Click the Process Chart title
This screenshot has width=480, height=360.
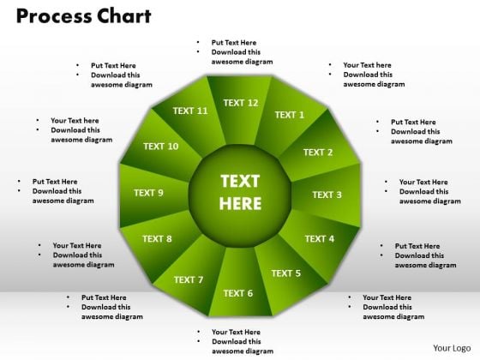(x=84, y=16)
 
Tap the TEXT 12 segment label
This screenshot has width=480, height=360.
(x=241, y=103)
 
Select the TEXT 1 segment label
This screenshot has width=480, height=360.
(x=290, y=115)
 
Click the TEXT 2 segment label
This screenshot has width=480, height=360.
(x=318, y=153)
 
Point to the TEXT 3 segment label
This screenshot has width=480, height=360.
(x=327, y=195)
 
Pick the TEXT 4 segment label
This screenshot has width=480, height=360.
(x=319, y=239)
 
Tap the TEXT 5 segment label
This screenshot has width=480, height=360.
(x=286, y=273)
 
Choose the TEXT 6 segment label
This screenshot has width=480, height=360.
(x=238, y=293)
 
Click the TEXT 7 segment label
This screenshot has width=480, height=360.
(x=189, y=279)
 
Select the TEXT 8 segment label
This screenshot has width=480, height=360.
(x=157, y=239)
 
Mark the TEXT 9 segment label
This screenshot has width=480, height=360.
(x=148, y=193)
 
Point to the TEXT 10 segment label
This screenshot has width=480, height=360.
(x=161, y=147)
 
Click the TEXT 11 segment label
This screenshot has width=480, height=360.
(x=190, y=111)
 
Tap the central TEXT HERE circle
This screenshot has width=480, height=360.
(x=240, y=195)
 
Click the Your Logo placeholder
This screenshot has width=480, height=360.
(x=452, y=348)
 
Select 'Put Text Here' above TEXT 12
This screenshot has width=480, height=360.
(x=234, y=43)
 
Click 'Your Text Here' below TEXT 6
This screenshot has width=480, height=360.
(x=236, y=332)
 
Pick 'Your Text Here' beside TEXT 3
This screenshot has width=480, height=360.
(x=423, y=182)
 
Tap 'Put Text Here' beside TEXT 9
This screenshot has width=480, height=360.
(x=55, y=182)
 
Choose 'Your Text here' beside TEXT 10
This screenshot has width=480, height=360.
(x=75, y=121)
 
